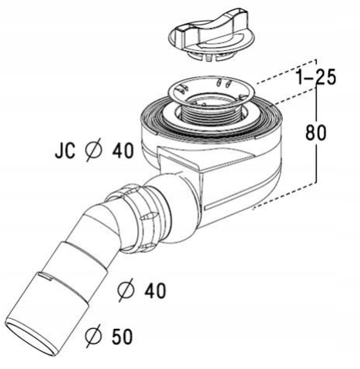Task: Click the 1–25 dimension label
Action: [x=316, y=77]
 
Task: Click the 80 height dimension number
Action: [x=316, y=133]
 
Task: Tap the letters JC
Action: [x=65, y=150]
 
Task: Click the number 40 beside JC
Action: [x=123, y=150]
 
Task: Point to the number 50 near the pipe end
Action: [x=122, y=337]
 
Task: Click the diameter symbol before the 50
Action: [x=93, y=337]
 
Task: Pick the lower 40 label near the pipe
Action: [x=155, y=291]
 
